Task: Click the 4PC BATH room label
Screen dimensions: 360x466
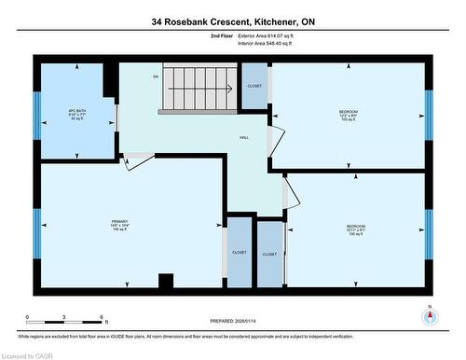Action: (77, 115)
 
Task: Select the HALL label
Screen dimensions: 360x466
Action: (244, 138)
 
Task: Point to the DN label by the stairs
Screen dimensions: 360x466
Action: (157, 77)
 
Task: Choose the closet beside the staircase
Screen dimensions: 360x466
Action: (254, 89)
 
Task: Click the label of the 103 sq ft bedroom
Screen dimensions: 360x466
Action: (349, 116)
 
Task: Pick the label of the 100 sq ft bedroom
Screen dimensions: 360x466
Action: (355, 229)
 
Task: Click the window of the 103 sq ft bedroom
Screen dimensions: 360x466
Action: (429, 114)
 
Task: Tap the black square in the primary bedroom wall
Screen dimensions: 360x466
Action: (166, 281)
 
